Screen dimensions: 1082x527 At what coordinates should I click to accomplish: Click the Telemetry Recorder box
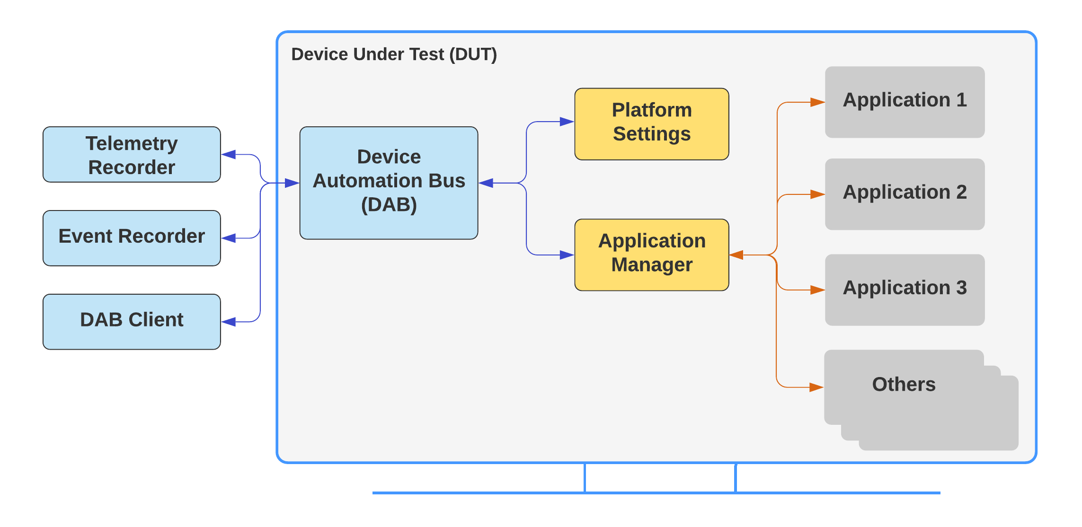coord(132,154)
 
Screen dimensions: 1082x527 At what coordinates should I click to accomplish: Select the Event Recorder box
coord(132,238)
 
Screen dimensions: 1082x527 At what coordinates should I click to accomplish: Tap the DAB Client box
coord(132,322)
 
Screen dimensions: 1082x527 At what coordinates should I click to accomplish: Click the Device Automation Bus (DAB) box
coord(389,183)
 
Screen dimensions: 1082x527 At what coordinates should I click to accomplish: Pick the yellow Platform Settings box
coord(652,124)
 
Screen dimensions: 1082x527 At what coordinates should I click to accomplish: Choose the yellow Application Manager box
coord(652,255)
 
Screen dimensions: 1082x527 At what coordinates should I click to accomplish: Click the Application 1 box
coord(905,102)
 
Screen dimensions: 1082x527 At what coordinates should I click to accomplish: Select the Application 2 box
coord(905,194)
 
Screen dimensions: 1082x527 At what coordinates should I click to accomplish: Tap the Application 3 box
coord(905,290)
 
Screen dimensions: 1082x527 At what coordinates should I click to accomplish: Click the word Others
coord(904,384)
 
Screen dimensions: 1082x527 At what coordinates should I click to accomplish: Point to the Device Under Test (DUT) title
coord(394,54)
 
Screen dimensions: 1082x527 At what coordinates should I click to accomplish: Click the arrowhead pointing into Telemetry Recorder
coord(229,154)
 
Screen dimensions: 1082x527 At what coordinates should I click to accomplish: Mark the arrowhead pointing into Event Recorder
coord(229,238)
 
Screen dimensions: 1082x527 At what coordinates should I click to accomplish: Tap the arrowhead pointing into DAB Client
coord(229,322)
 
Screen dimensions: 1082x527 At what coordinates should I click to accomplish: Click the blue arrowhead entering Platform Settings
coord(567,122)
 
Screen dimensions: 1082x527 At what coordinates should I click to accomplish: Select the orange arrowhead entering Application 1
coord(817,102)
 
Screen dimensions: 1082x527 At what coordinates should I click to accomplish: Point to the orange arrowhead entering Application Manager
coord(736,255)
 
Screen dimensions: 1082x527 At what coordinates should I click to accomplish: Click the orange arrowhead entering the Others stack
coord(816,387)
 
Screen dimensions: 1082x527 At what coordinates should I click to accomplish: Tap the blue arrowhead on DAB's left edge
coord(292,183)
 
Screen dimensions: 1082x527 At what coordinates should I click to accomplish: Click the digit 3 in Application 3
coord(961,288)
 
